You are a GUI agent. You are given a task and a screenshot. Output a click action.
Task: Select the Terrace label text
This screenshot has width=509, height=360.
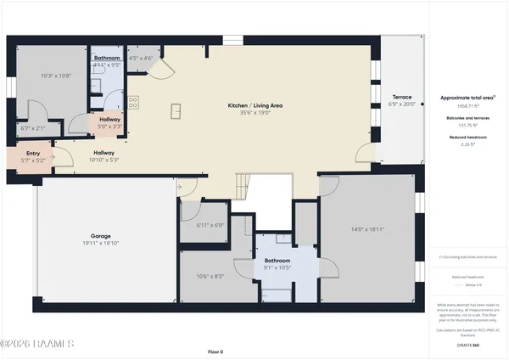tap(401, 97)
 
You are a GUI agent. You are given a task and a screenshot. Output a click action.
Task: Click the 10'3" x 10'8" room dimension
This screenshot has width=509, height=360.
tap(55, 76)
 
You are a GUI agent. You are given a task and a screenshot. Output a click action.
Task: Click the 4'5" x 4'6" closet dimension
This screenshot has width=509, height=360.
tap(140, 59)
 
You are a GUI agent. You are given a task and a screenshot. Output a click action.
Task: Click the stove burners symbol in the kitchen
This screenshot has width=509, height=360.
tap(134, 103)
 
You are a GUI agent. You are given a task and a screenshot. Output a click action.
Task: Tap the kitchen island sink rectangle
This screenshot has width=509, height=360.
tap(177, 110)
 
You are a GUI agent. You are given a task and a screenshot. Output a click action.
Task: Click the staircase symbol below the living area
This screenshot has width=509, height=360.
tap(243, 186)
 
